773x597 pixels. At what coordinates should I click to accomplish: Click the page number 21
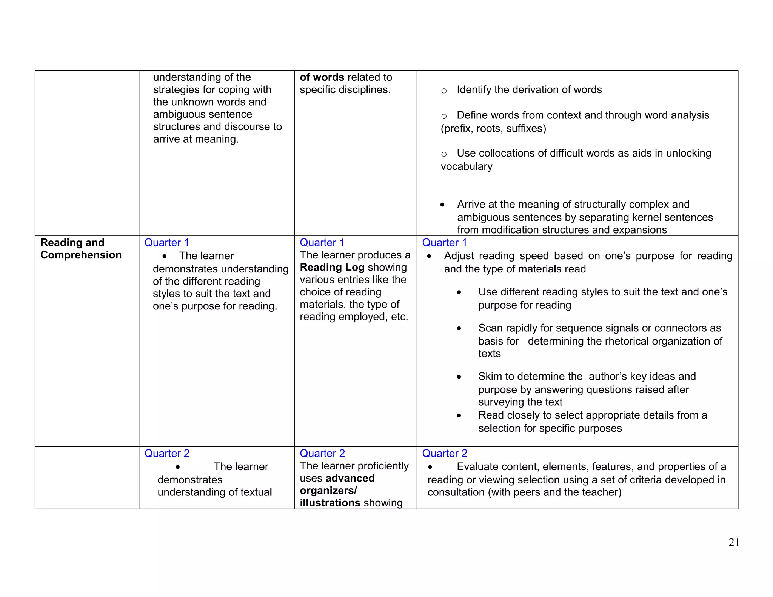[734, 542]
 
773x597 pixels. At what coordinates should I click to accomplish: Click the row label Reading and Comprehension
[81, 249]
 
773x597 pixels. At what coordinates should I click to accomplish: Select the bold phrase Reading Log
[332, 267]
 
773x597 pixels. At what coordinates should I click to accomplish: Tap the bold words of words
[322, 77]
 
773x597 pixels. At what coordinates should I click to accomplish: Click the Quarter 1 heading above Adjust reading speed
[444, 243]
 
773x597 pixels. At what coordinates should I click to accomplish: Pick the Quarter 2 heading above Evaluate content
[445, 453]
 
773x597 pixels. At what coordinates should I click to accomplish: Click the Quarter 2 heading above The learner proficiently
[322, 453]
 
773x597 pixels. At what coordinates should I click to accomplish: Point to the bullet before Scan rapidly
[459, 328]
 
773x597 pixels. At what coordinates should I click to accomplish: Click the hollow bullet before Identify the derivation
[444, 91]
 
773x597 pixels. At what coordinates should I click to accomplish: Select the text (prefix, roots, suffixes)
[493, 129]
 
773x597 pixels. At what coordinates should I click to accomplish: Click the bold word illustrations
[330, 503]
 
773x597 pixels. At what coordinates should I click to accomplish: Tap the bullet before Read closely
[459, 415]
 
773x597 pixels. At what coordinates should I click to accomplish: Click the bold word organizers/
[328, 491]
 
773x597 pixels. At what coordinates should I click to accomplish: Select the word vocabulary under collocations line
[467, 166]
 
